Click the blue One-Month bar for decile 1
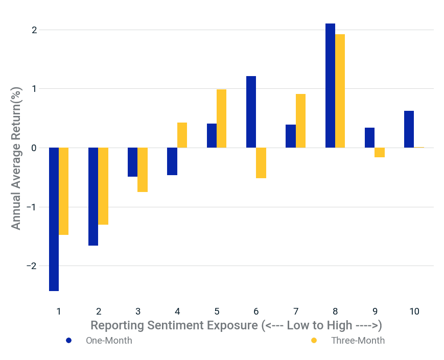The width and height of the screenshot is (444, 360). (x=54, y=219)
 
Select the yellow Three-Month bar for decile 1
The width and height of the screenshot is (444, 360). (x=63, y=191)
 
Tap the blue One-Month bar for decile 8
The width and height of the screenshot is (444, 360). (x=330, y=86)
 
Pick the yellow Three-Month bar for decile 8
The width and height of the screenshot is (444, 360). (x=340, y=91)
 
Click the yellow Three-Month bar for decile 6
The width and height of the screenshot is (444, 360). (x=261, y=163)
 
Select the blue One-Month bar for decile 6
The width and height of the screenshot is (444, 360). (x=251, y=112)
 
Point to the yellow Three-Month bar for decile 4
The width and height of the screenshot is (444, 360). (x=182, y=135)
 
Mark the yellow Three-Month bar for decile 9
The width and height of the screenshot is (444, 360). (x=380, y=153)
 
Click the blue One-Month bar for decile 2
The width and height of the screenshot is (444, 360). (x=93, y=197)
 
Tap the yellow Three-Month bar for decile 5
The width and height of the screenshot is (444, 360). (x=221, y=118)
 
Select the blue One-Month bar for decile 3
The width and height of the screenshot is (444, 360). (x=132, y=162)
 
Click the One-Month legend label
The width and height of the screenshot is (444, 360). (x=109, y=341)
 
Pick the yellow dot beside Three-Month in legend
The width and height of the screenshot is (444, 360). (x=314, y=341)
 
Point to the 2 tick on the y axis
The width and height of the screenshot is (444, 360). (x=34, y=30)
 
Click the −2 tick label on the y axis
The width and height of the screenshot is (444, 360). (x=32, y=266)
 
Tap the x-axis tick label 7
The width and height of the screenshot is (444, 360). (x=295, y=311)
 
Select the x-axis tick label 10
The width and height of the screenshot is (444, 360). (x=414, y=311)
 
